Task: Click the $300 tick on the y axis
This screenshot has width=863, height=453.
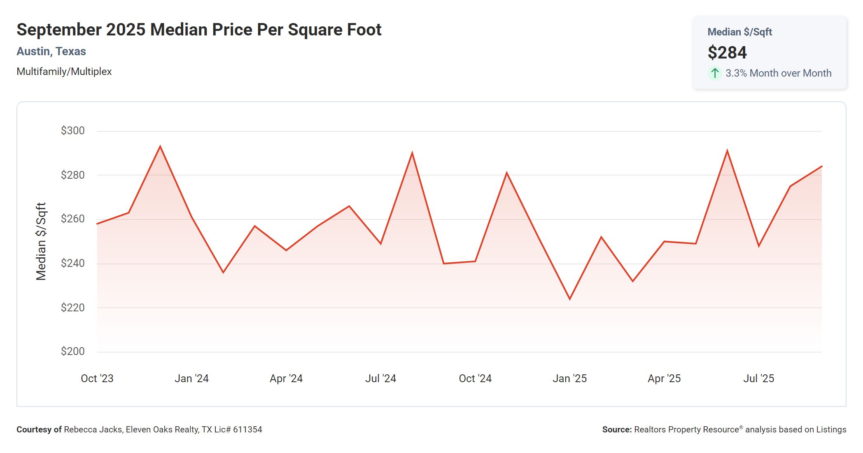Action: coord(72,131)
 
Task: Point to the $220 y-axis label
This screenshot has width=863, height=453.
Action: coord(72,308)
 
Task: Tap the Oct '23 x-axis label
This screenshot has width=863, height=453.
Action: coord(97,378)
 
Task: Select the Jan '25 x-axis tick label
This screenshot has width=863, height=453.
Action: coord(569,378)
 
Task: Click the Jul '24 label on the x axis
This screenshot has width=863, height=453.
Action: coord(380,378)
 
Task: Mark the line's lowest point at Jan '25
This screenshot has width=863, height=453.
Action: coord(570,299)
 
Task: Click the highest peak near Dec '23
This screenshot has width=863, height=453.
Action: coord(160,146)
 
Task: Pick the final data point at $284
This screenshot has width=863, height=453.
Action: coord(821,166)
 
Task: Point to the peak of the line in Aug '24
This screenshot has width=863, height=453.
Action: coord(412,153)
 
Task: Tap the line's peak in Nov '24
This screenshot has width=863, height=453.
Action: coord(506,173)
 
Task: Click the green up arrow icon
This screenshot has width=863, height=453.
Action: coord(715,73)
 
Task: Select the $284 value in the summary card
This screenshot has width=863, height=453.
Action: coord(727,53)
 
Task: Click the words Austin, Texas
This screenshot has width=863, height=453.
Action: coord(51,51)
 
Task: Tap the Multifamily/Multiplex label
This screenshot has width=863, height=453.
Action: coord(64,72)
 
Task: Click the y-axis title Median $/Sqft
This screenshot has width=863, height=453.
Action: coord(41,241)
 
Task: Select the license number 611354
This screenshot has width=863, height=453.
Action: coord(247,430)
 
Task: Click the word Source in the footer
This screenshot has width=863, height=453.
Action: coord(616,430)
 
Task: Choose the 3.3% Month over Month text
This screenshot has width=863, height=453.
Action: coord(778,73)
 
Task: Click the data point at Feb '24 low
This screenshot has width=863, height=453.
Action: coord(223,272)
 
